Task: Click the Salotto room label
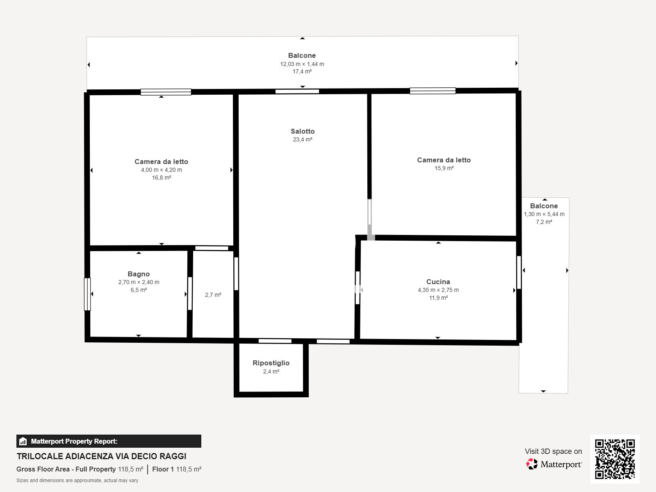pyautogui.click(x=303, y=132)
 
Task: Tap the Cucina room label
pyautogui.click(x=438, y=282)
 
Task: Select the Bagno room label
pyautogui.click(x=139, y=274)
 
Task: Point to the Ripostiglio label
pyautogui.click(x=271, y=363)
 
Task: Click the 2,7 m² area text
pyautogui.click(x=213, y=295)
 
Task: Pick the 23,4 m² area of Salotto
pyautogui.click(x=303, y=139)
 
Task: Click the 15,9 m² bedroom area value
pyautogui.click(x=444, y=168)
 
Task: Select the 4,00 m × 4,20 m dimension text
pyautogui.click(x=162, y=170)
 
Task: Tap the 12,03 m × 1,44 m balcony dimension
pyautogui.click(x=302, y=64)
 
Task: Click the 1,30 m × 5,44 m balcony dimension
pyautogui.click(x=544, y=214)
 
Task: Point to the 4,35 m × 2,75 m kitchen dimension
pyautogui.click(x=438, y=290)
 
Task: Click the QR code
pyautogui.click(x=615, y=459)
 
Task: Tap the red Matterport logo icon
pyautogui.click(x=532, y=464)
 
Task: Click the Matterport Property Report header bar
pyautogui.click(x=109, y=441)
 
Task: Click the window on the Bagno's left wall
pyautogui.click(x=87, y=294)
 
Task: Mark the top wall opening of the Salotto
pyautogui.click(x=297, y=91)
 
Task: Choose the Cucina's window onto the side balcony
pyautogui.click(x=519, y=272)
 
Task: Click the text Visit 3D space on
pyautogui.click(x=553, y=451)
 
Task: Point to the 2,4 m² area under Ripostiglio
pyautogui.click(x=271, y=371)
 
